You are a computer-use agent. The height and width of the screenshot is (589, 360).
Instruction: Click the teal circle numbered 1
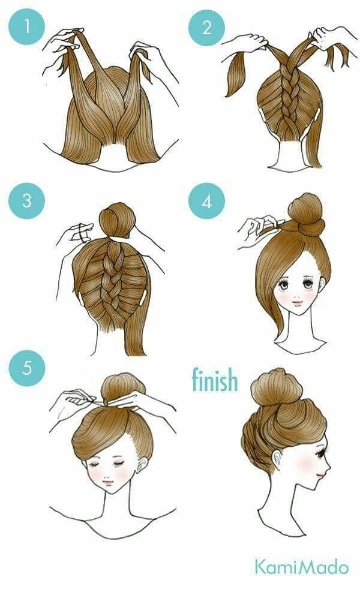tap(26, 26)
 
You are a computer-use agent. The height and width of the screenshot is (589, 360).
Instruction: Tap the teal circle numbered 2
tap(206, 28)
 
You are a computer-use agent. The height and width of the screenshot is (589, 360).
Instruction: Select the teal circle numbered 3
tap(26, 200)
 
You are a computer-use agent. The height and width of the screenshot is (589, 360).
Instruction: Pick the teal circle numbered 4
tap(206, 201)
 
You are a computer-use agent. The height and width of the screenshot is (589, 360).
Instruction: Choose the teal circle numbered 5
tap(26, 368)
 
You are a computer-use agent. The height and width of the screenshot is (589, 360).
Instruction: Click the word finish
tap(215, 380)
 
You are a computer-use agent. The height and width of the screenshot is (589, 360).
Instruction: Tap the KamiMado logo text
tap(302, 567)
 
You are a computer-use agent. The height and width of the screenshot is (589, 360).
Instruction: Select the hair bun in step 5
tap(123, 389)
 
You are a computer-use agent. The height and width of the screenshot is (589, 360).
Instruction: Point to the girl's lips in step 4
tap(297, 302)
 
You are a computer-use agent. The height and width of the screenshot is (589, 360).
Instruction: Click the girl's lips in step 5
tap(108, 482)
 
